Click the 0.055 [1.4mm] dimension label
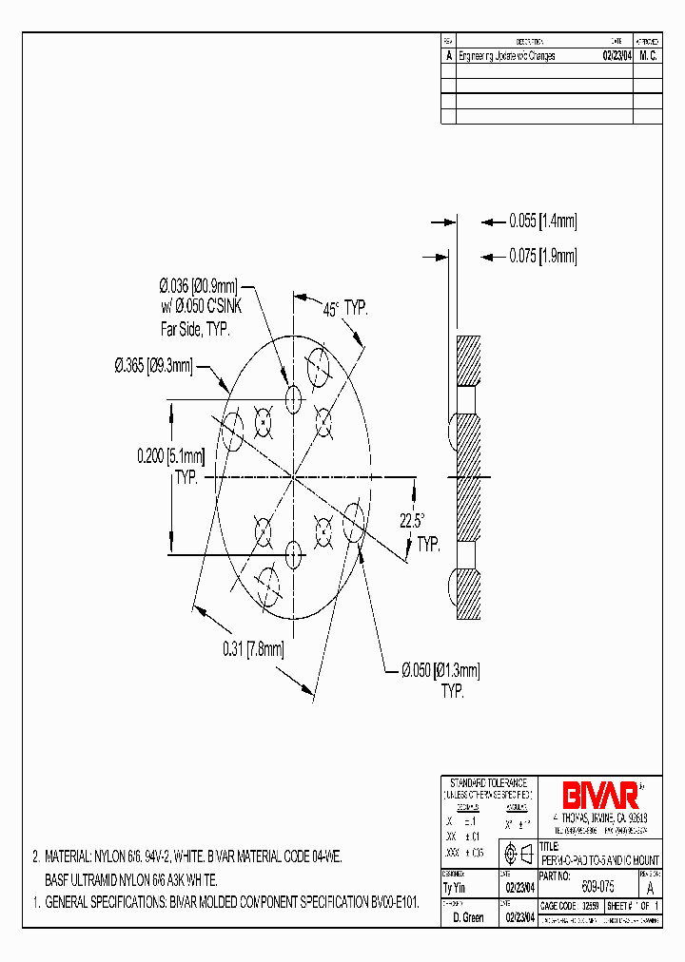click(x=542, y=221)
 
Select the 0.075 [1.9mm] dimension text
click(x=542, y=256)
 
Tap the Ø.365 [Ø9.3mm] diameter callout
click(x=153, y=364)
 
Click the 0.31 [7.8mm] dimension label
click(x=253, y=649)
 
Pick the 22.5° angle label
click(x=411, y=521)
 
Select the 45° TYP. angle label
click(x=343, y=308)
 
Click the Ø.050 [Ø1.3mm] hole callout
click(x=438, y=671)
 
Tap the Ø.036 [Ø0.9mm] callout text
click(x=197, y=285)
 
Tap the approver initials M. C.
click(x=647, y=56)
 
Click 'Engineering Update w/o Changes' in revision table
click(x=506, y=56)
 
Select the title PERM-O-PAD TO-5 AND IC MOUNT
click(x=599, y=859)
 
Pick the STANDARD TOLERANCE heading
click(x=488, y=781)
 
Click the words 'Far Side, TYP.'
click(x=194, y=328)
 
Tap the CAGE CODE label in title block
click(x=559, y=907)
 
